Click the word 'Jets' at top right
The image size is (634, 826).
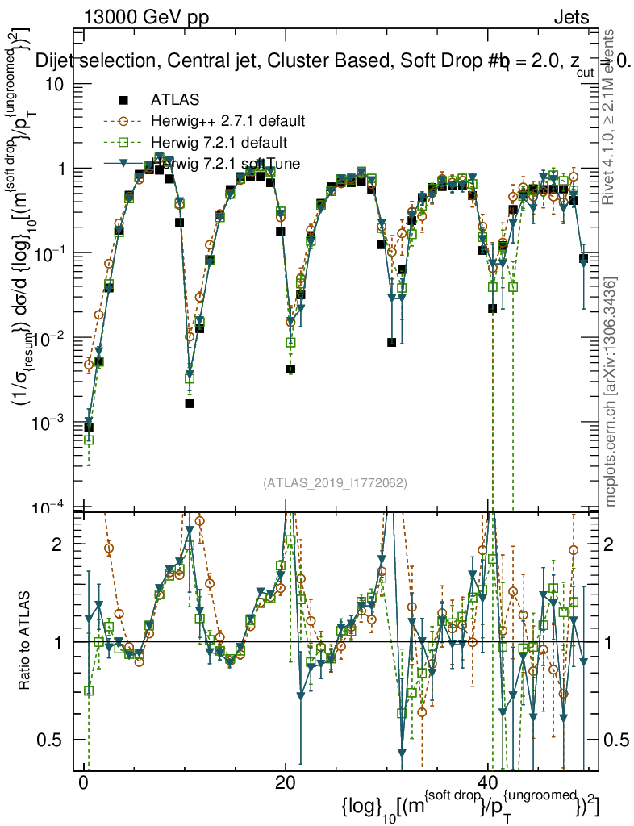tap(570, 18)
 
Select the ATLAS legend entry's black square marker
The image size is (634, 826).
tap(123, 100)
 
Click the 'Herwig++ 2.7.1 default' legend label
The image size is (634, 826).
tap(227, 121)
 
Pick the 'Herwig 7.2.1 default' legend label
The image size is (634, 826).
tap(219, 143)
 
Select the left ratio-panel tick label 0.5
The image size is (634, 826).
tap(54, 740)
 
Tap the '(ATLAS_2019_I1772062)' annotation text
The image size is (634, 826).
tap(335, 483)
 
